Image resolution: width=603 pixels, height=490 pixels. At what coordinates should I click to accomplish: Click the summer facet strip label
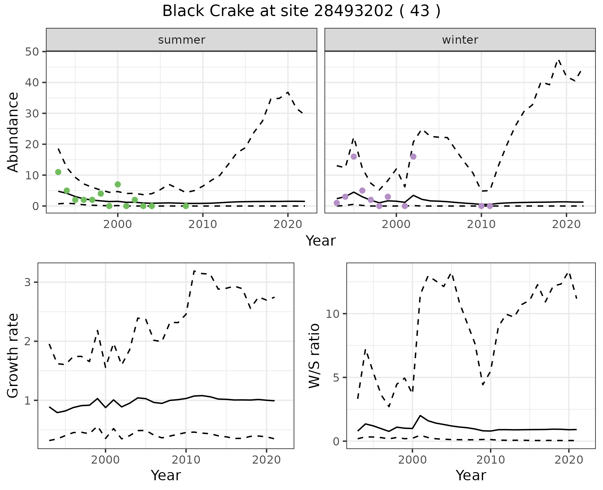[x=182, y=40]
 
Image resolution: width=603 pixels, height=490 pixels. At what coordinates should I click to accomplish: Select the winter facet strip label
[x=460, y=40]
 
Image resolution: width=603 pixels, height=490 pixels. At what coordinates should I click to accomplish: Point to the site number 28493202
[x=353, y=11]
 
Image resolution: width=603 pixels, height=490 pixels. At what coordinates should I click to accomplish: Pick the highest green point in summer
[x=58, y=172]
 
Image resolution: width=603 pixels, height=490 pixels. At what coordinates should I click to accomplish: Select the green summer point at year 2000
[x=118, y=184]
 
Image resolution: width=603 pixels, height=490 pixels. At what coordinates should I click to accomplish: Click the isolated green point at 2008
[x=186, y=206]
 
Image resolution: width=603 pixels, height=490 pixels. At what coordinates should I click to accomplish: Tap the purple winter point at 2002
[x=413, y=156]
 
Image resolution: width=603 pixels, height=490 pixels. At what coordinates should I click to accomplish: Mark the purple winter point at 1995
[x=354, y=156]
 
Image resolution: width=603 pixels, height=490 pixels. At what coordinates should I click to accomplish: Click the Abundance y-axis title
[x=13, y=132]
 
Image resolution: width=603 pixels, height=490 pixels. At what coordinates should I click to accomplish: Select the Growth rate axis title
[x=13, y=356]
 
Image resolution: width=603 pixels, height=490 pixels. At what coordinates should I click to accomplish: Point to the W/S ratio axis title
[x=314, y=356]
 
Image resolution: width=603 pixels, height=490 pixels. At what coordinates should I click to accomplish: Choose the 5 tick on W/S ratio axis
[x=336, y=377]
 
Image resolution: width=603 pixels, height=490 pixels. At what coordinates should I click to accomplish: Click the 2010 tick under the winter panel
[x=481, y=224]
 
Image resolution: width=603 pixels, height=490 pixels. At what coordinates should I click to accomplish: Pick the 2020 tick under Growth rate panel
[x=266, y=460]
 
